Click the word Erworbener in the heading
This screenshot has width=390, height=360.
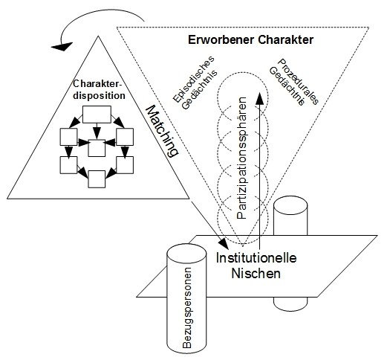[212, 38]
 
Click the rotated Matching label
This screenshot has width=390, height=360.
[164, 131]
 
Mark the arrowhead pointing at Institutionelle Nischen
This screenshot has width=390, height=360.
[224, 244]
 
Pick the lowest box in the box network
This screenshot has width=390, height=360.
[97, 178]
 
